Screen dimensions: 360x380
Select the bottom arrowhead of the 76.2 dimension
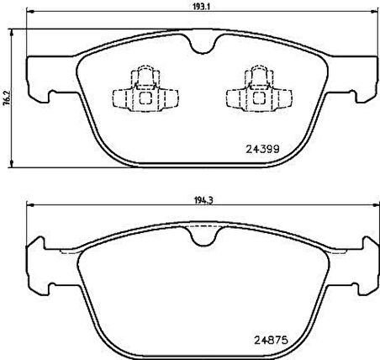click(x=13, y=162)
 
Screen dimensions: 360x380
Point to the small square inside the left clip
click(x=145, y=95)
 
